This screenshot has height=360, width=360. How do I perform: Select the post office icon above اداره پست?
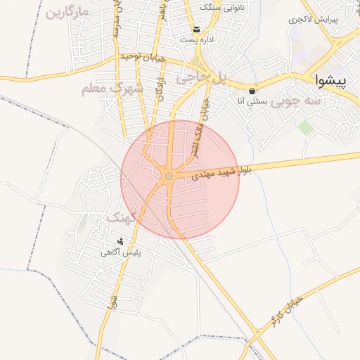point(198,29)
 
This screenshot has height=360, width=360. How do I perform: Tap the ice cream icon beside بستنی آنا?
point(252,91)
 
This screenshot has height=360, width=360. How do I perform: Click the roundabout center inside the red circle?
point(169,176)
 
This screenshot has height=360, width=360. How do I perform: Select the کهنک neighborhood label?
point(121,218)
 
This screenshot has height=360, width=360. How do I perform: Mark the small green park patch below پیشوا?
point(305,127)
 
